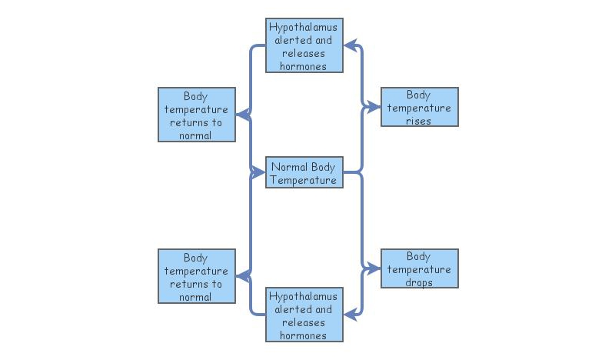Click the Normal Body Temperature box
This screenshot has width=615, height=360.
(x=304, y=172)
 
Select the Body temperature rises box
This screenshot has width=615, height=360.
(x=419, y=107)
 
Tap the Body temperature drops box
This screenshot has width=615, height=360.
(x=419, y=268)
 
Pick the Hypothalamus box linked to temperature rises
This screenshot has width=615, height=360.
(x=304, y=46)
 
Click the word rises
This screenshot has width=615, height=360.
(x=419, y=121)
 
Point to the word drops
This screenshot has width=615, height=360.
(x=419, y=282)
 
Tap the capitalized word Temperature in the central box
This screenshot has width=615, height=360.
(x=304, y=180)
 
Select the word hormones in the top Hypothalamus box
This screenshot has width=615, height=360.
(x=304, y=66)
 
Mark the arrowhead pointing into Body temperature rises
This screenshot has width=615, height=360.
(x=375, y=107)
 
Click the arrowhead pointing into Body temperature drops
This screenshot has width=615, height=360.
(x=375, y=268)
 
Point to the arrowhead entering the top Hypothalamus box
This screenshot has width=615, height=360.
(x=349, y=46)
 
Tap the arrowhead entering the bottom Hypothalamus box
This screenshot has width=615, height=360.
(x=349, y=315)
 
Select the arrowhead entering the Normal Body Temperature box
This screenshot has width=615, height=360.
(x=259, y=173)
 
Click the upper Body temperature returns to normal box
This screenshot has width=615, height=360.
(x=196, y=115)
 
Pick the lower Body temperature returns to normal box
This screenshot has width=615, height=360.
(x=196, y=276)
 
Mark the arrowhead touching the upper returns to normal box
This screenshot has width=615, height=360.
(x=241, y=115)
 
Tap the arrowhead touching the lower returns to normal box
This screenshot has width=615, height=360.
(x=241, y=275)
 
